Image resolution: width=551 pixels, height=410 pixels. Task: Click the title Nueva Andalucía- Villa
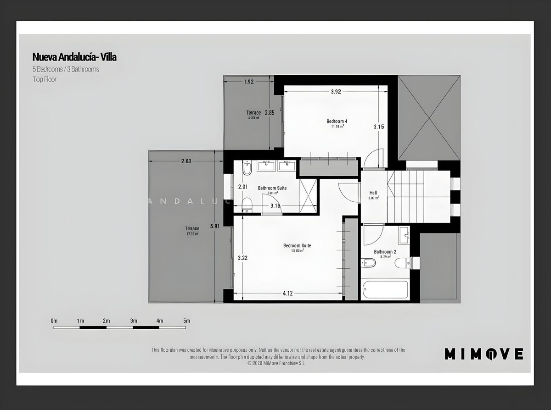tap(74, 57)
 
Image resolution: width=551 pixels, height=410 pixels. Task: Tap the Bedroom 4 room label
tap(337, 121)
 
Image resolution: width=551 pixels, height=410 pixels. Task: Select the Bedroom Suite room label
tap(297, 246)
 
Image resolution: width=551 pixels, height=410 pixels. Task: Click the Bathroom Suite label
tap(272, 188)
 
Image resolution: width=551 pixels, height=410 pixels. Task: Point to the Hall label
tap(373, 193)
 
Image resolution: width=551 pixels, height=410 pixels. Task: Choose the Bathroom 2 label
tap(385, 252)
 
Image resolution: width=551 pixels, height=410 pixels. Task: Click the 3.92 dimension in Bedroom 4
tap(336, 91)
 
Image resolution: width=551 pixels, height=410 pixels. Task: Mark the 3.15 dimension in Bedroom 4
tap(378, 127)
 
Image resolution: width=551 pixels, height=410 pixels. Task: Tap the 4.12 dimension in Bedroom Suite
tap(287, 294)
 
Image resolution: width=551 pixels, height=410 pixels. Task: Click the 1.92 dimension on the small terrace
tap(248, 82)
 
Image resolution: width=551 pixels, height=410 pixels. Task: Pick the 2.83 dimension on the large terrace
tap(186, 161)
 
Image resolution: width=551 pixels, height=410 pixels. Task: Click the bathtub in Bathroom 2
tap(385, 289)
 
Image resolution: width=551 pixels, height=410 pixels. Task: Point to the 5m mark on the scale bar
tap(186, 321)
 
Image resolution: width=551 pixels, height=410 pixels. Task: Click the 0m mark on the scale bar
tap(54, 321)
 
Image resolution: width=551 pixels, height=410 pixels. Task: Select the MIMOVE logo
tap(484, 354)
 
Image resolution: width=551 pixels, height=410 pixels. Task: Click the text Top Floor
tap(44, 79)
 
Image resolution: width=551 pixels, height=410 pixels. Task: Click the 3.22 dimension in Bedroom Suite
tap(242, 258)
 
